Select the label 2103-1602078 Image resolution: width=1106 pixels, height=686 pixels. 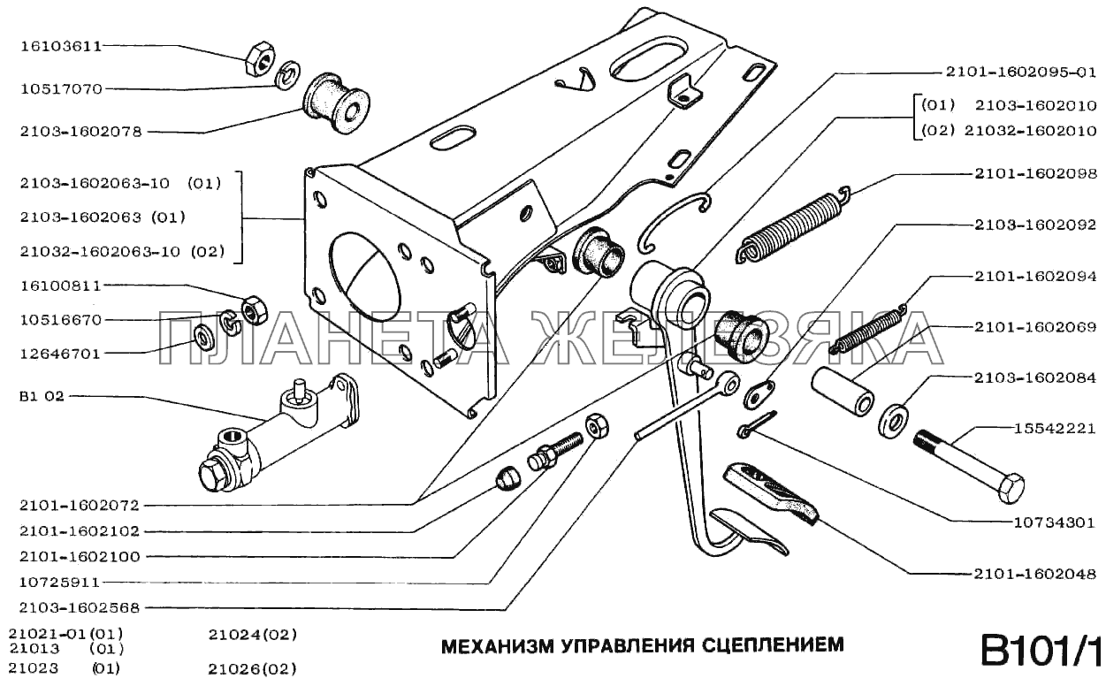point(79,132)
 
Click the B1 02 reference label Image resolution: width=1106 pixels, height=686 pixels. point(41,396)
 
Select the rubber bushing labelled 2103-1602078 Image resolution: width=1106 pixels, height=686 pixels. point(337,102)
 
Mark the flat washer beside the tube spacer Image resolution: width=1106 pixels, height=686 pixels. point(894,418)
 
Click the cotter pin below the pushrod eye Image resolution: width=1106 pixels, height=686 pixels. point(756,424)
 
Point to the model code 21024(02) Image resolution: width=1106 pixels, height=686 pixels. point(252,635)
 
